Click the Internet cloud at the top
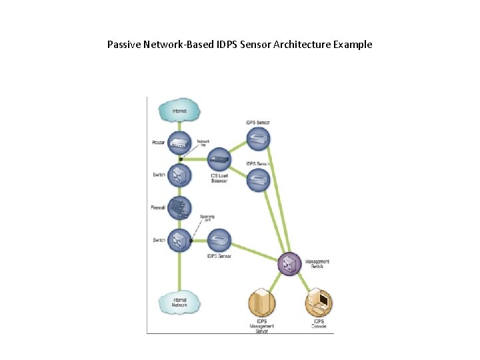(179, 111)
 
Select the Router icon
(179, 141)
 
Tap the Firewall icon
(179, 207)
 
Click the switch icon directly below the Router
(179, 175)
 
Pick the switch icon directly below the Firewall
(179, 240)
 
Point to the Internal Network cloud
(179, 303)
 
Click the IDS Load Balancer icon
(219, 159)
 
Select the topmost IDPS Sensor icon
(258, 139)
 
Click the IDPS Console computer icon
(319, 303)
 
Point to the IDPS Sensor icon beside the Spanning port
(219, 240)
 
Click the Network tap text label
(203, 143)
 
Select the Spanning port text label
(207, 218)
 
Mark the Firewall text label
(158, 208)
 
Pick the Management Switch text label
(317, 264)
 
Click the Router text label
(158, 142)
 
